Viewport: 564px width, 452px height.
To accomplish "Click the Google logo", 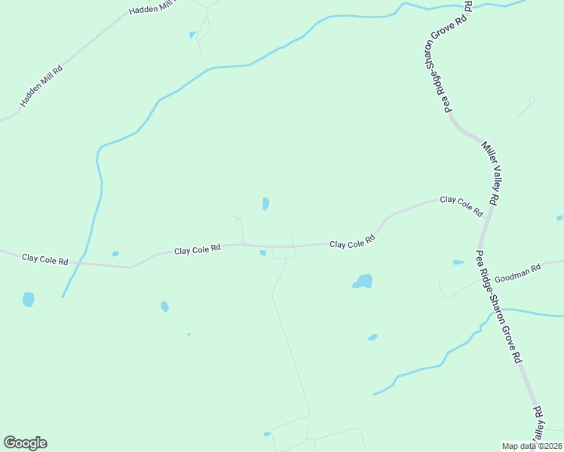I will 25,443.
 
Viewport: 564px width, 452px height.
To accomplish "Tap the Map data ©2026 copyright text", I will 532,446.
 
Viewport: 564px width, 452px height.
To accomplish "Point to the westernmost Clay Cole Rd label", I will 45,259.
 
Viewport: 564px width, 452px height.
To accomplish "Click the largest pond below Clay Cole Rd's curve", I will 363,282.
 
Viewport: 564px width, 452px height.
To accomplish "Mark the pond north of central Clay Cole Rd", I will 265,203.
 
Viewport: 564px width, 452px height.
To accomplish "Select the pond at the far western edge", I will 28,299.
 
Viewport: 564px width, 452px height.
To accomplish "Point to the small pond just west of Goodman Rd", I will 458,262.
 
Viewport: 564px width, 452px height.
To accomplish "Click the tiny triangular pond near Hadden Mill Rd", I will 193,35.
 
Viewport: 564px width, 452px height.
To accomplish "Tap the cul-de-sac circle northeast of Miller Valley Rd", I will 532,99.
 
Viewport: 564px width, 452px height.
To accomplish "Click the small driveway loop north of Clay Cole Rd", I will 236,219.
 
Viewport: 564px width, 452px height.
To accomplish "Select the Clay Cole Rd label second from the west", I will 198,249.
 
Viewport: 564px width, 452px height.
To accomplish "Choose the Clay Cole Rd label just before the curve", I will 352,243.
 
